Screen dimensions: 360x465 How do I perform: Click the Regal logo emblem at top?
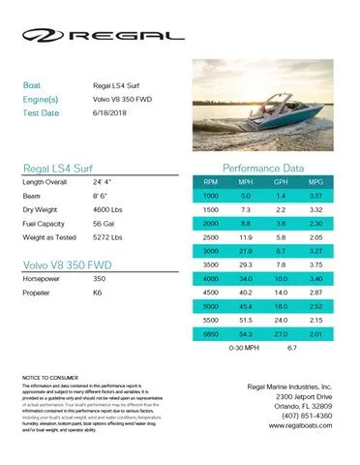pyautogui.click(x=43, y=37)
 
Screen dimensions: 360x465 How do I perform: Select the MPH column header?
pyautogui.click(x=245, y=181)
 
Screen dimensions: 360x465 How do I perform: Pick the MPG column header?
pyautogui.click(x=313, y=181)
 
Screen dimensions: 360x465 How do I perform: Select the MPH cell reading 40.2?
pyautogui.click(x=245, y=291)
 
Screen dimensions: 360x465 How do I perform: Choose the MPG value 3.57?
pyautogui.click(x=313, y=196)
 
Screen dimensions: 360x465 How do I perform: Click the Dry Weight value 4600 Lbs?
pyautogui.click(x=109, y=208)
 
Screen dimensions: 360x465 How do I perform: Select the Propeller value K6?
pyautogui.click(x=99, y=290)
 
